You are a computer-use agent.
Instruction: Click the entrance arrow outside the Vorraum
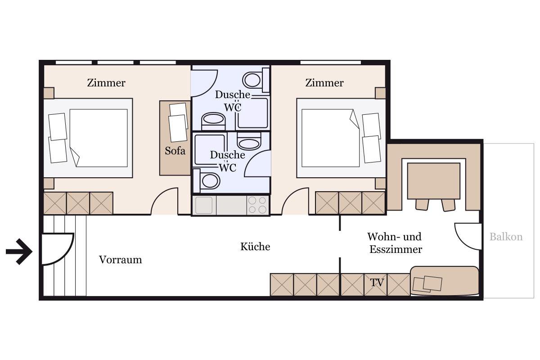[x=19, y=252]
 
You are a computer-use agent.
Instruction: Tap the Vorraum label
[x=120, y=260]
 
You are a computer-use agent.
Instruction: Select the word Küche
[x=255, y=247]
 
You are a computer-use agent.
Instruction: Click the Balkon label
[x=506, y=237]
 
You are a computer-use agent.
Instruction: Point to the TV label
[x=377, y=283]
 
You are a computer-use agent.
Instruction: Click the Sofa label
[x=175, y=151]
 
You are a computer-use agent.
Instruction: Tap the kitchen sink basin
[x=204, y=205]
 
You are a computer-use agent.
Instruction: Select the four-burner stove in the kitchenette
[x=257, y=205]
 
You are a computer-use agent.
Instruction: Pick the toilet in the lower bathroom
[x=207, y=181]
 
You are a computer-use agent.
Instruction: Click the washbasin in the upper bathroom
[x=213, y=121]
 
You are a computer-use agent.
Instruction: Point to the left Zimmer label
[x=106, y=83]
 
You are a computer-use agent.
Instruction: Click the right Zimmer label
[x=324, y=83]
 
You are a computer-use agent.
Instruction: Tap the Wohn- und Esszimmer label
[x=395, y=243]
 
